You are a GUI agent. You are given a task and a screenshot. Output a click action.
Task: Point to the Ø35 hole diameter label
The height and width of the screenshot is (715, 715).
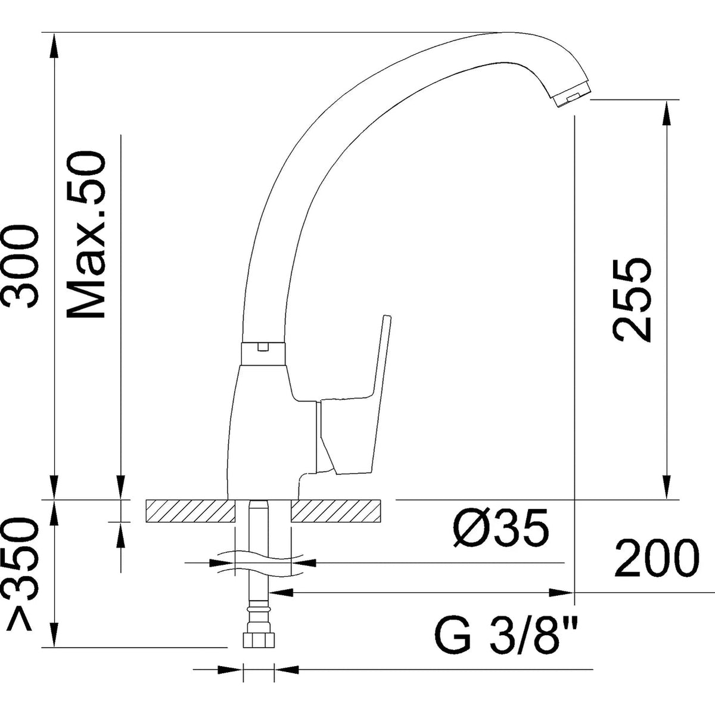pos(500,527)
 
